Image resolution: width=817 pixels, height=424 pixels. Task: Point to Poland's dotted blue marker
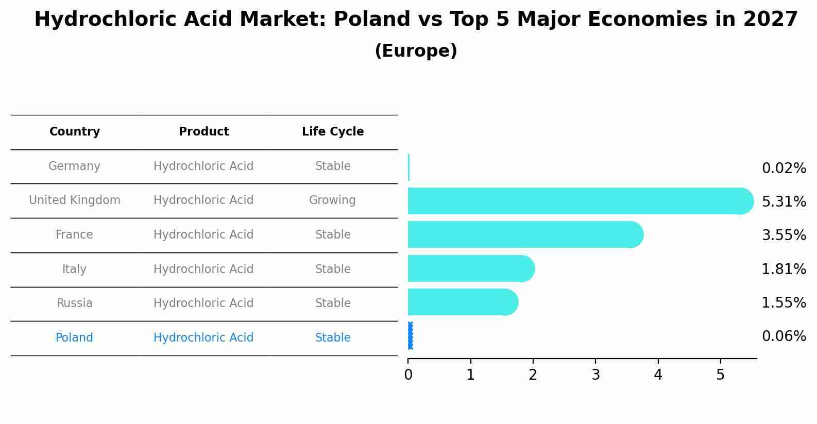point(410,336)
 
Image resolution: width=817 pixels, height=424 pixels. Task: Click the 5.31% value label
point(784,201)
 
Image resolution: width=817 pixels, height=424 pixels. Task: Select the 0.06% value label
point(784,336)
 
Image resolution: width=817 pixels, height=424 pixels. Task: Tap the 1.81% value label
point(784,269)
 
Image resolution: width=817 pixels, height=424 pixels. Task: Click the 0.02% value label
point(784,168)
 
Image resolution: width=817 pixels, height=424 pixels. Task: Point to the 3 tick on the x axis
point(595,375)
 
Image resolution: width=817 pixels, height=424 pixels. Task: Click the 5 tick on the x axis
point(720,375)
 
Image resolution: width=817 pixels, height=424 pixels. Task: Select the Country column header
point(75,132)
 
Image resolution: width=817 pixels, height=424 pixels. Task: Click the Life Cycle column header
point(333,132)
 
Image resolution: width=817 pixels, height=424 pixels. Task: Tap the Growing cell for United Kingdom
point(332,200)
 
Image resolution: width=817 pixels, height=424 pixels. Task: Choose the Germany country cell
point(74,166)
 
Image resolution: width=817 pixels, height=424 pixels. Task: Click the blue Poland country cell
point(74,338)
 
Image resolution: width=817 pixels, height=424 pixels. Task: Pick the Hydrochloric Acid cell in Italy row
point(203,269)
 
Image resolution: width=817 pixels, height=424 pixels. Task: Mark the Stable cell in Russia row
point(333,303)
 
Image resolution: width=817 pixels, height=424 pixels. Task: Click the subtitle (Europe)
point(416,51)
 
